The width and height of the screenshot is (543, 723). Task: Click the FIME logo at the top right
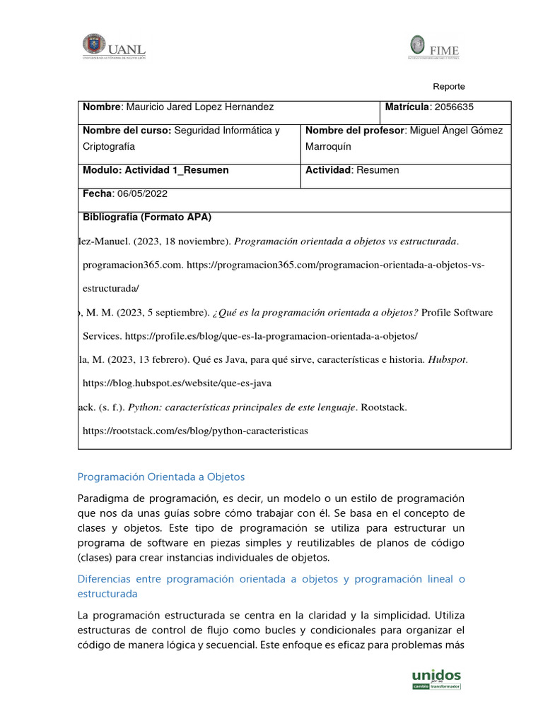coord(433,47)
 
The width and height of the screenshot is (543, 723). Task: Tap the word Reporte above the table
coord(449,86)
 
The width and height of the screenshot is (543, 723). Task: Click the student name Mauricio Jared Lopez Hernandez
coord(199,107)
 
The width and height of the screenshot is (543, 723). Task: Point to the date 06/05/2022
coord(141,193)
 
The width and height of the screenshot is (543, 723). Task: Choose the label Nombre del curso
coord(127,131)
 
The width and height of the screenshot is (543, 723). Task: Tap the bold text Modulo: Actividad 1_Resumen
coord(156,170)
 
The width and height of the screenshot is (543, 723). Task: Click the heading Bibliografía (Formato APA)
coord(147,217)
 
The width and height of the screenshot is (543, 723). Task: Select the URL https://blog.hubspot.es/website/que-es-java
coord(177,383)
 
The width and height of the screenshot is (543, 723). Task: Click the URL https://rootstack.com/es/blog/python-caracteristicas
coord(196,431)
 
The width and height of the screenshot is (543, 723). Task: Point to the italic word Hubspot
coord(447,359)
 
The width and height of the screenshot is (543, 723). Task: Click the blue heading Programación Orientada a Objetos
coord(160,477)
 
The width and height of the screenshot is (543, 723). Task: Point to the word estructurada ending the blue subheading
coord(107,594)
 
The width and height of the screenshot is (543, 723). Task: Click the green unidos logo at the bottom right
coord(436,679)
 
